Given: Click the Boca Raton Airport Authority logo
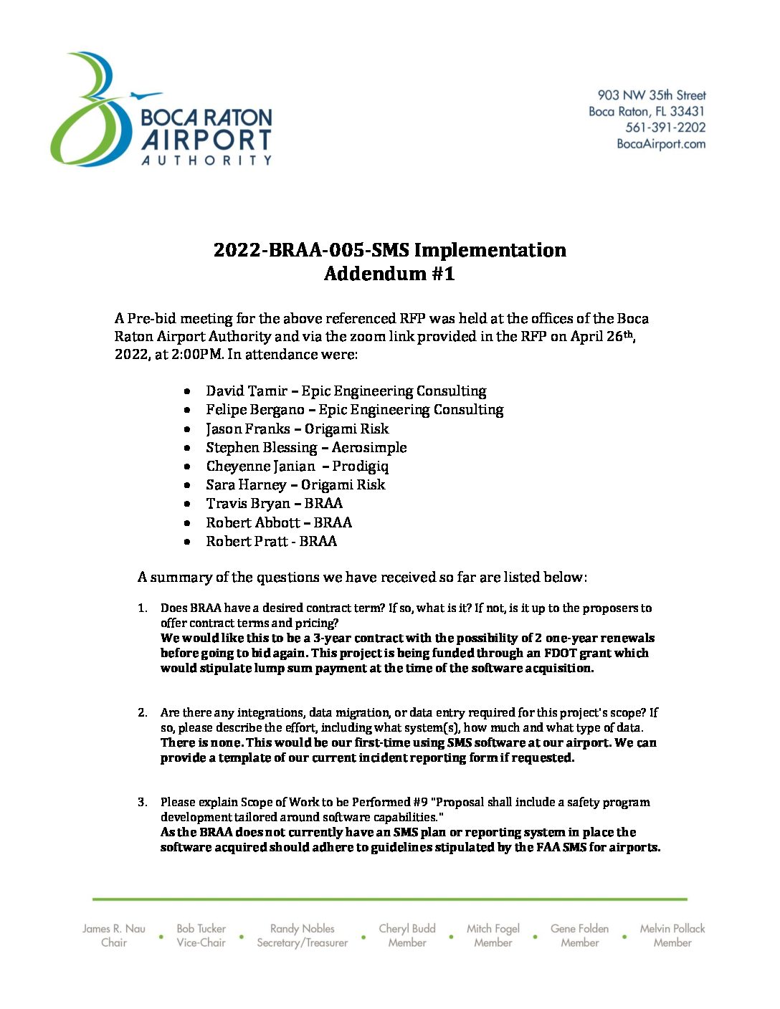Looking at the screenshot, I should coord(161,110).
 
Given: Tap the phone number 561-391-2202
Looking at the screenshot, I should coord(665,128).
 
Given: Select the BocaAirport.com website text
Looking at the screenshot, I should coord(661,144).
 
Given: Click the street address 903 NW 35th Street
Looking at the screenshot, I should coord(652,95).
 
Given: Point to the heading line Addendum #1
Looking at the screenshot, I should coord(389,274).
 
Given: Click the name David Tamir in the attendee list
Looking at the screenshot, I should coord(246,391).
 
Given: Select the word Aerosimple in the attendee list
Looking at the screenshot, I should coord(369,448).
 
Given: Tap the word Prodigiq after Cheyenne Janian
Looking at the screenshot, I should coord(361,467).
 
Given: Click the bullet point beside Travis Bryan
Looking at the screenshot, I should coord(187,505).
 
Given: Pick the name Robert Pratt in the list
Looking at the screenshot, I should coord(241,542).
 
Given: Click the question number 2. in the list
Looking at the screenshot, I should coord(143,712).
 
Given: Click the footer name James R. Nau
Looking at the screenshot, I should coord(114,929).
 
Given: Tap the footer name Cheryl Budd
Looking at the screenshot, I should coord(407,929).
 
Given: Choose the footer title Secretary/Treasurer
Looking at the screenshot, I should coord(303,943).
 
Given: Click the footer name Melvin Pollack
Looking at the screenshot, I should coord(672,929).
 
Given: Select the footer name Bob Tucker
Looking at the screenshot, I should coord(201,929).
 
